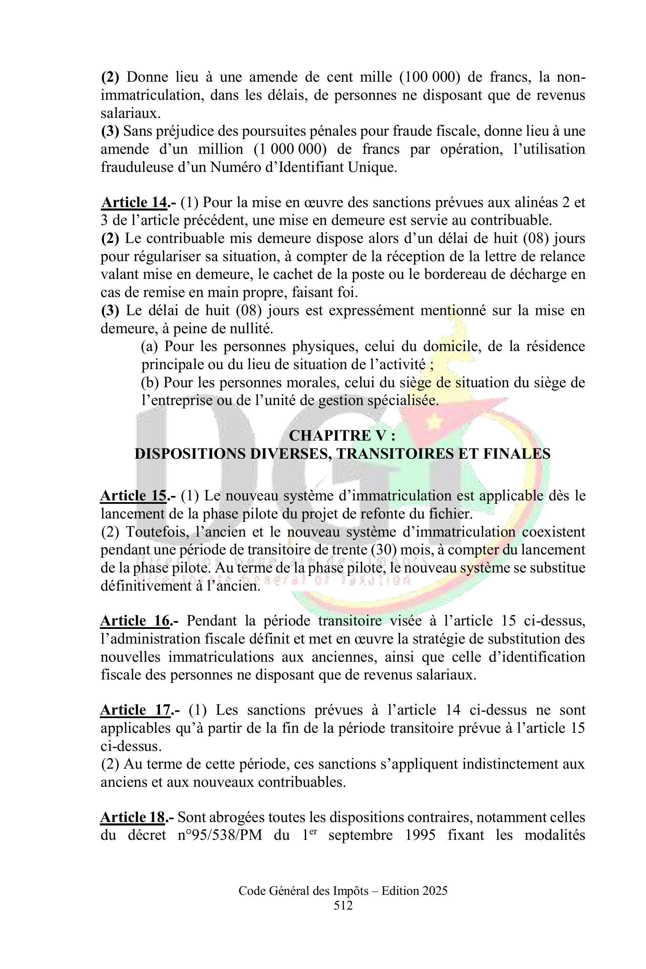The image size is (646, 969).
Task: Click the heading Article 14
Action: click(134, 203)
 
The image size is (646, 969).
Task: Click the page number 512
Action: click(343, 905)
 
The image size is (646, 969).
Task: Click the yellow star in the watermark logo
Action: click(433, 421)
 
